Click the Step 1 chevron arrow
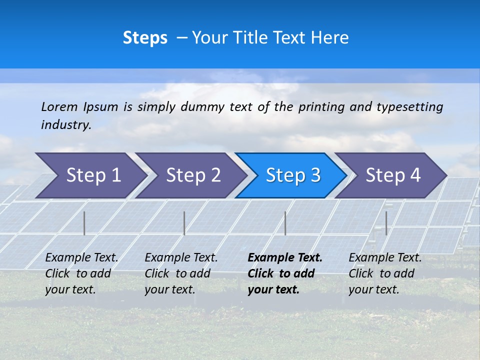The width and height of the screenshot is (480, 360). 90,175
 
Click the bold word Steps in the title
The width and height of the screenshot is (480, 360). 145,37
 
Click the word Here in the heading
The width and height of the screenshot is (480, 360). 329,37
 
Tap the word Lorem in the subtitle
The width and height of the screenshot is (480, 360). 59,106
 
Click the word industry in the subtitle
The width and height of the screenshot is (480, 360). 65,124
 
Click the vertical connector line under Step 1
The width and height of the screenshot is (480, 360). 84,223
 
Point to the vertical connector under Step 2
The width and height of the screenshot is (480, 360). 184,223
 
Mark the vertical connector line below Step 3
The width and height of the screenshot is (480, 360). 285,223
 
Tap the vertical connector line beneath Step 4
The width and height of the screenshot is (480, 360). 386,223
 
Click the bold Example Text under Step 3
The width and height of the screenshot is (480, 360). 285,258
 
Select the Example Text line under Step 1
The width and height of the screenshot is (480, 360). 81,258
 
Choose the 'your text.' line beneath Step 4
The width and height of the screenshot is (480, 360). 373,289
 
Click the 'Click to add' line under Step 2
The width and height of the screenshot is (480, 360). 177,273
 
